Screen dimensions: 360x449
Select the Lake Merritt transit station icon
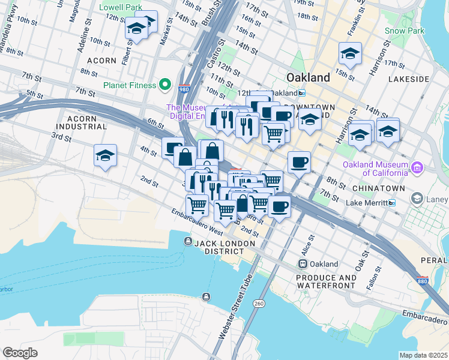[392, 203]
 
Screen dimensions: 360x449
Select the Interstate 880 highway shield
[422, 281]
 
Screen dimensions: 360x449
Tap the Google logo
[20, 353]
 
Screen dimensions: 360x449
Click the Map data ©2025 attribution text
[423, 355]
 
